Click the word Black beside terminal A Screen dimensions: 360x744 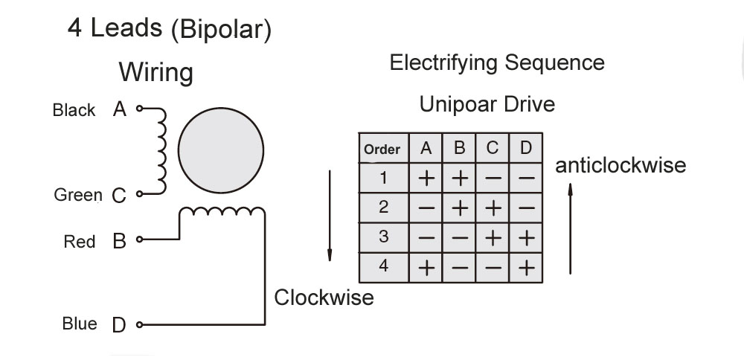pos(74,110)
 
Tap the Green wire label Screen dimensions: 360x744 pos(77,196)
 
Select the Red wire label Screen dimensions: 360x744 pos(79,242)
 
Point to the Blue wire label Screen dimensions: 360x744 pos(79,324)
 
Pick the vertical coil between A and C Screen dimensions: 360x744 pos(160,152)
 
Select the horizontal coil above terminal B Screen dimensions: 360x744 pos(222,214)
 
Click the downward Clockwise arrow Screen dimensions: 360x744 pos(329,215)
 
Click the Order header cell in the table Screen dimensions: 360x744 pos(382,149)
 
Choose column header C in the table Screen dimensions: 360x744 pos(493,149)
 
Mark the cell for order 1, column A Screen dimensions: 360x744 pos(426,179)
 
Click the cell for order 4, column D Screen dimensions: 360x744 pos(526,267)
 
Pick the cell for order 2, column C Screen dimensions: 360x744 pos(493,208)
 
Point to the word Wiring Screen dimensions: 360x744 pos(156,73)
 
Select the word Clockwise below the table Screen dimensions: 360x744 pos(324,298)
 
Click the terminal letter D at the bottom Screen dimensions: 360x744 pos(119,325)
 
